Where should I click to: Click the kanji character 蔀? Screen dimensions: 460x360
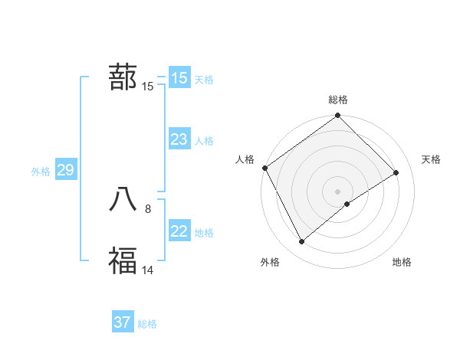click(x=123, y=77)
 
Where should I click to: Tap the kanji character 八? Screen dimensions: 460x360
click(x=123, y=198)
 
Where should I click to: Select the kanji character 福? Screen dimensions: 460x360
click(x=123, y=260)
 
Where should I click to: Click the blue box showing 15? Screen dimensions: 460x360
click(x=179, y=78)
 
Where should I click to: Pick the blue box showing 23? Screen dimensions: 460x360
click(x=179, y=139)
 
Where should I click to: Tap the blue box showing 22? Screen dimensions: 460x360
click(x=179, y=231)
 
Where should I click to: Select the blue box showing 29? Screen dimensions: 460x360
click(x=65, y=170)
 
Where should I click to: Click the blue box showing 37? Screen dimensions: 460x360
click(x=122, y=322)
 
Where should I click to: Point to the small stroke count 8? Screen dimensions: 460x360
click(x=148, y=208)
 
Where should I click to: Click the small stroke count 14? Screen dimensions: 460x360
click(x=148, y=269)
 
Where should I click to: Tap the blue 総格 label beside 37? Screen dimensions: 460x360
click(x=147, y=324)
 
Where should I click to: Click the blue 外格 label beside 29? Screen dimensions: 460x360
click(x=41, y=172)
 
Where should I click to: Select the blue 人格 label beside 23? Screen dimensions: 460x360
click(x=204, y=141)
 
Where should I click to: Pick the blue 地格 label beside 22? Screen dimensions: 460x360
click(x=204, y=233)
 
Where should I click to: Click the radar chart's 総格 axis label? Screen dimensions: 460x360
click(x=338, y=100)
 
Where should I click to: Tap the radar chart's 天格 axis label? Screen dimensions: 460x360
click(x=431, y=159)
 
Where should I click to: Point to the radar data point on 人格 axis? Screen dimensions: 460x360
click(x=264, y=168)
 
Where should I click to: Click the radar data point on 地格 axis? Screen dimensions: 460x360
click(x=347, y=204)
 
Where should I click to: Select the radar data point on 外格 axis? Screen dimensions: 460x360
click(x=302, y=241)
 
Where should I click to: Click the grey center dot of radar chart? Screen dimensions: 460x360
click(x=337, y=191)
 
